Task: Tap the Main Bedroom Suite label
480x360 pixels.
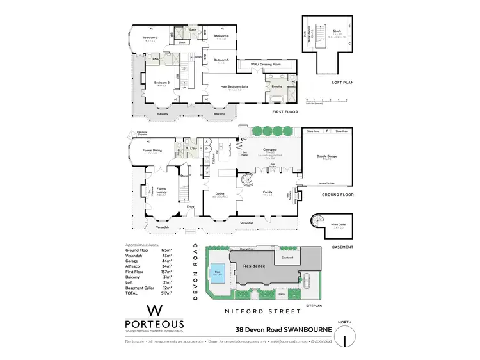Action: coord(234,85)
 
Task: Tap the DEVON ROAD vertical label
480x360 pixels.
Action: coord(195,270)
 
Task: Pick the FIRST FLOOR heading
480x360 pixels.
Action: coord(286,111)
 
